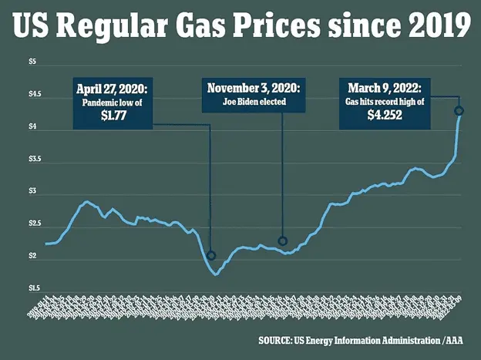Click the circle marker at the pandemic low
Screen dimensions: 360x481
211,255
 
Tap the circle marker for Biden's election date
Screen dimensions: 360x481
282,241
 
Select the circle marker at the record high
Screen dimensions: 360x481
459,111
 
